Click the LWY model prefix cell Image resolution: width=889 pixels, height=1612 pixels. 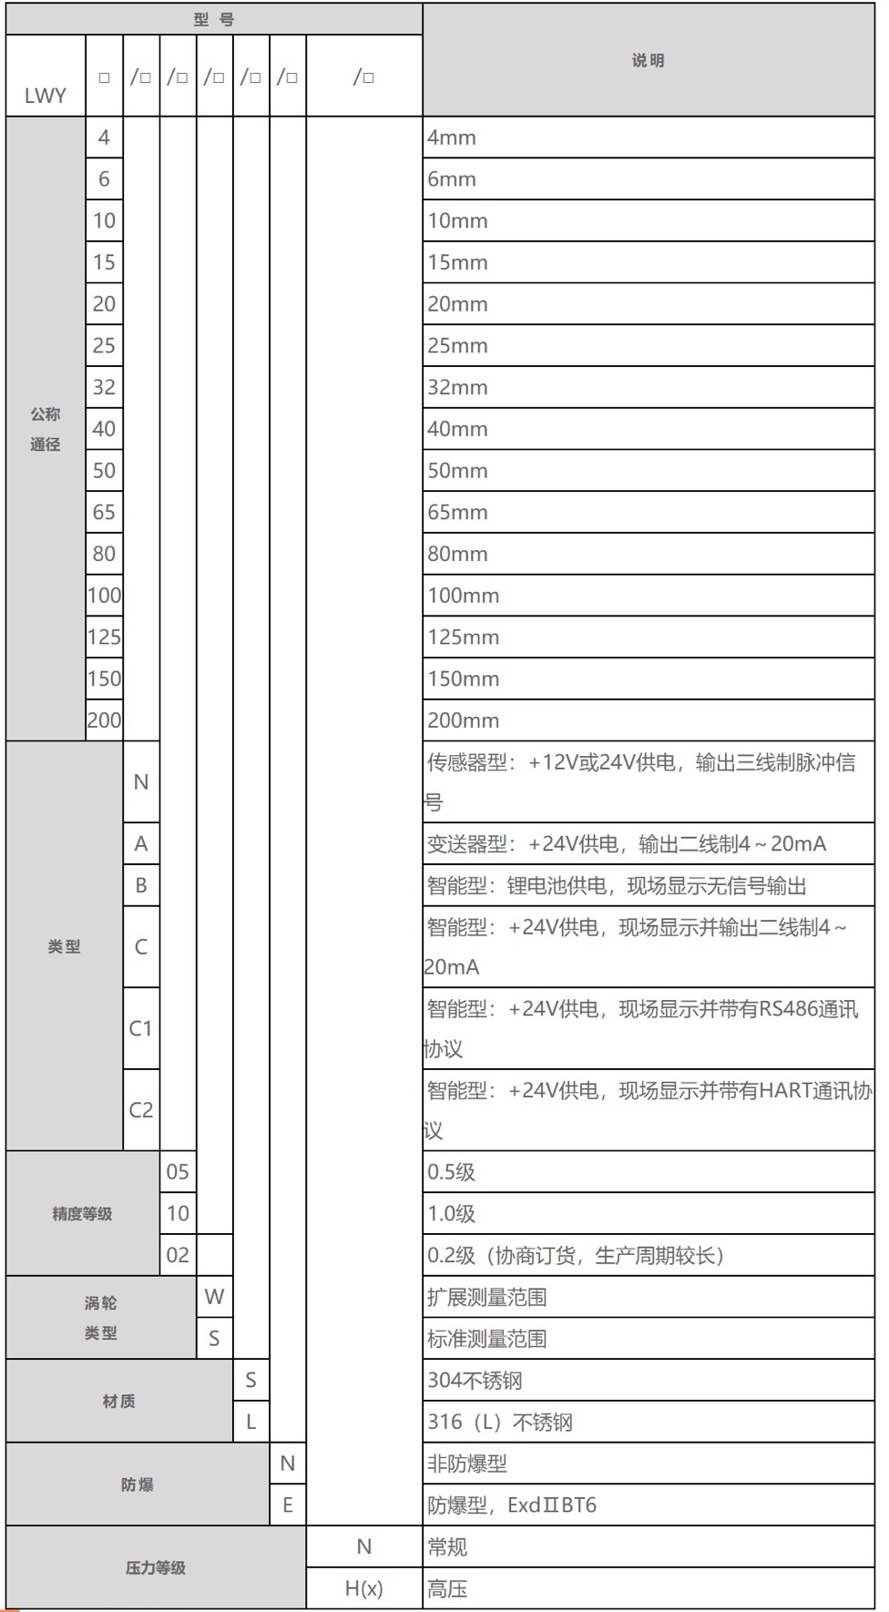[x=46, y=95]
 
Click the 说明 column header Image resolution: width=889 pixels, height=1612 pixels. [x=648, y=60]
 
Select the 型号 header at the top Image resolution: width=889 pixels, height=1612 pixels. [x=214, y=19]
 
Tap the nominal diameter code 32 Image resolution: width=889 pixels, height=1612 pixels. [x=104, y=387]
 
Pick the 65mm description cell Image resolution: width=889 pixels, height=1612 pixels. [x=458, y=512]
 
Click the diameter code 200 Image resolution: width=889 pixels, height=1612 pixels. [x=104, y=720]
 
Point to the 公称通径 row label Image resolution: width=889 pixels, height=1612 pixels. [x=46, y=429]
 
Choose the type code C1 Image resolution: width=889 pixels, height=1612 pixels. [x=141, y=1028]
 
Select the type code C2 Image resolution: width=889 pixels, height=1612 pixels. [x=141, y=1109]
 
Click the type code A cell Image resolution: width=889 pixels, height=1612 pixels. [x=141, y=843]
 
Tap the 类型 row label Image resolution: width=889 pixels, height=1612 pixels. [x=64, y=946]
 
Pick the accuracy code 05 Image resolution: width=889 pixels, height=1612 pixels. [x=178, y=1172]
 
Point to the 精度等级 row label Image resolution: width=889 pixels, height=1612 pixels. [x=82, y=1213]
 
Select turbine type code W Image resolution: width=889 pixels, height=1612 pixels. [x=214, y=1297]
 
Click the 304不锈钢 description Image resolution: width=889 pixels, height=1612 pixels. [x=475, y=1380]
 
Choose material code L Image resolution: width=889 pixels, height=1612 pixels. [x=250, y=1422]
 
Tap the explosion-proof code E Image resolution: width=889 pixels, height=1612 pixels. [x=288, y=1505]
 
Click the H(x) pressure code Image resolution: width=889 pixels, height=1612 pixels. [x=363, y=1588]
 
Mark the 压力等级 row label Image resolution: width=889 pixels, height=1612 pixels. [x=155, y=1567]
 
